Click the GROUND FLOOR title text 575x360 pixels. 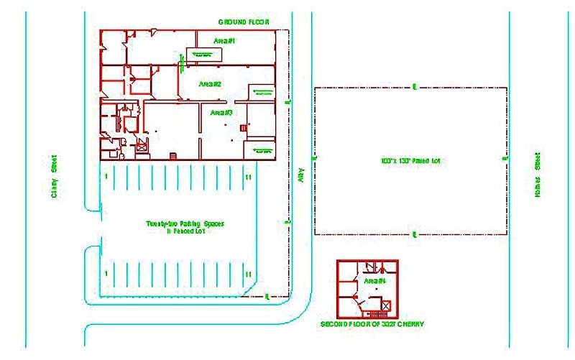tap(244, 22)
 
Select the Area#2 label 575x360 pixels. tap(210, 84)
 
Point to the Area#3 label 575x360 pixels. tap(220, 113)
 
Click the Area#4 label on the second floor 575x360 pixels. tap(375, 280)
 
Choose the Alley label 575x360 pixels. tap(302, 175)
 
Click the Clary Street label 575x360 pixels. tap(54, 177)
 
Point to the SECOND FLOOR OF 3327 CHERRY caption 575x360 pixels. tap(372, 325)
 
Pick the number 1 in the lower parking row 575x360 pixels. tap(106, 273)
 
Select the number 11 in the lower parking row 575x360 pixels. tap(248, 274)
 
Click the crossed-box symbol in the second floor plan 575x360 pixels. tap(386, 306)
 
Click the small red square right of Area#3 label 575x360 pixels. tap(243, 127)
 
